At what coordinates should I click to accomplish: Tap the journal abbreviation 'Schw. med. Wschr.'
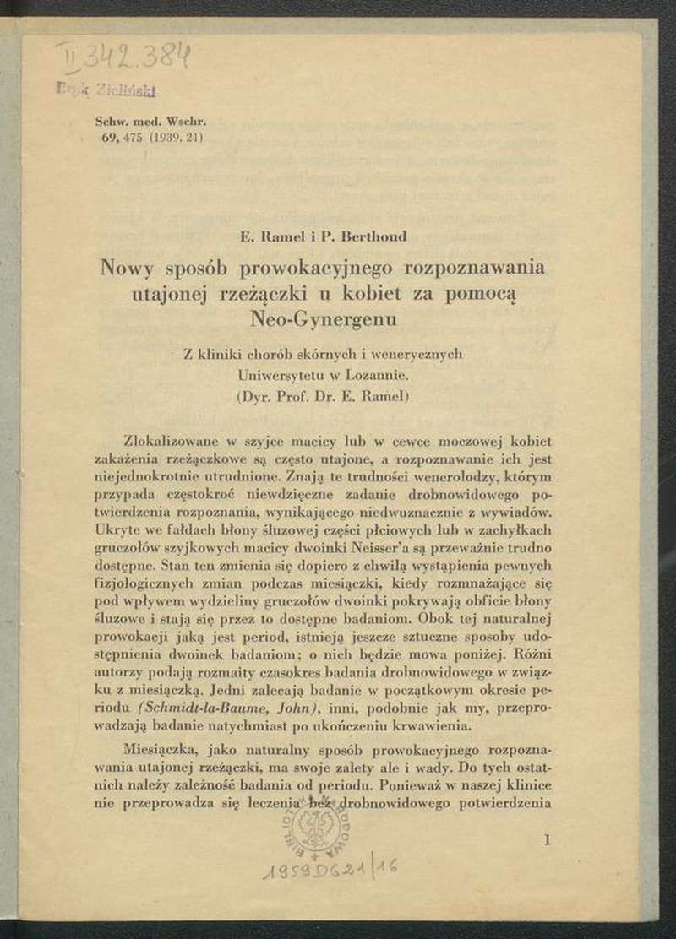click(151, 121)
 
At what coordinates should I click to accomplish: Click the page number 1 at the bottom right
click(549, 839)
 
